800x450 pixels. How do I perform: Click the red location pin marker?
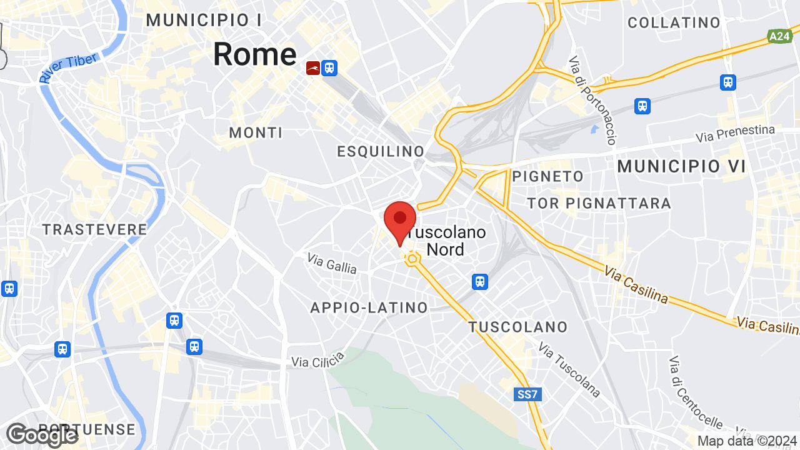pyautogui.click(x=400, y=222)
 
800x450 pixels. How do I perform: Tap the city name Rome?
pyautogui.click(x=254, y=54)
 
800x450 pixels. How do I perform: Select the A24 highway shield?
pyautogui.click(x=779, y=37)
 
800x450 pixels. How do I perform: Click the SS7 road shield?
pyautogui.click(x=528, y=394)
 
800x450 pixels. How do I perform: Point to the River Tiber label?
pyautogui.click(x=68, y=68)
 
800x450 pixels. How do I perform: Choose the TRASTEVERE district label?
pyautogui.click(x=95, y=230)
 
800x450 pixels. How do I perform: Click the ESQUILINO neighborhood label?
pyautogui.click(x=381, y=151)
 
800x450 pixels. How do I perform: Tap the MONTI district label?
pyautogui.click(x=256, y=132)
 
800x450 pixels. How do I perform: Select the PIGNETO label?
pyautogui.click(x=547, y=177)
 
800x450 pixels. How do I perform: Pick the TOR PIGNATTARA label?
pyautogui.click(x=599, y=203)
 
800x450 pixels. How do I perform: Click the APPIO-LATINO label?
pyautogui.click(x=369, y=307)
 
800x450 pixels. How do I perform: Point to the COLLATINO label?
pyautogui.click(x=674, y=23)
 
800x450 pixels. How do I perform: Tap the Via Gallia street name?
pyautogui.click(x=332, y=264)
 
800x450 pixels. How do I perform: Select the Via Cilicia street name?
pyautogui.click(x=318, y=360)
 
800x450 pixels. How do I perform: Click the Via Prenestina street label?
pyautogui.click(x=736, y=134)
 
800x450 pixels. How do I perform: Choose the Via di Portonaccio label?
pyautogui.click(x=592, y=100)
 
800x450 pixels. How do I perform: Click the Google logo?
pyautogui.click(x=42, y=435)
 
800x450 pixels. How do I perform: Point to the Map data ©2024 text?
pyautogui.click(x=747, y=441)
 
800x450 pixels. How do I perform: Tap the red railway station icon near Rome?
pyautogui.click(x=313, y=67)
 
